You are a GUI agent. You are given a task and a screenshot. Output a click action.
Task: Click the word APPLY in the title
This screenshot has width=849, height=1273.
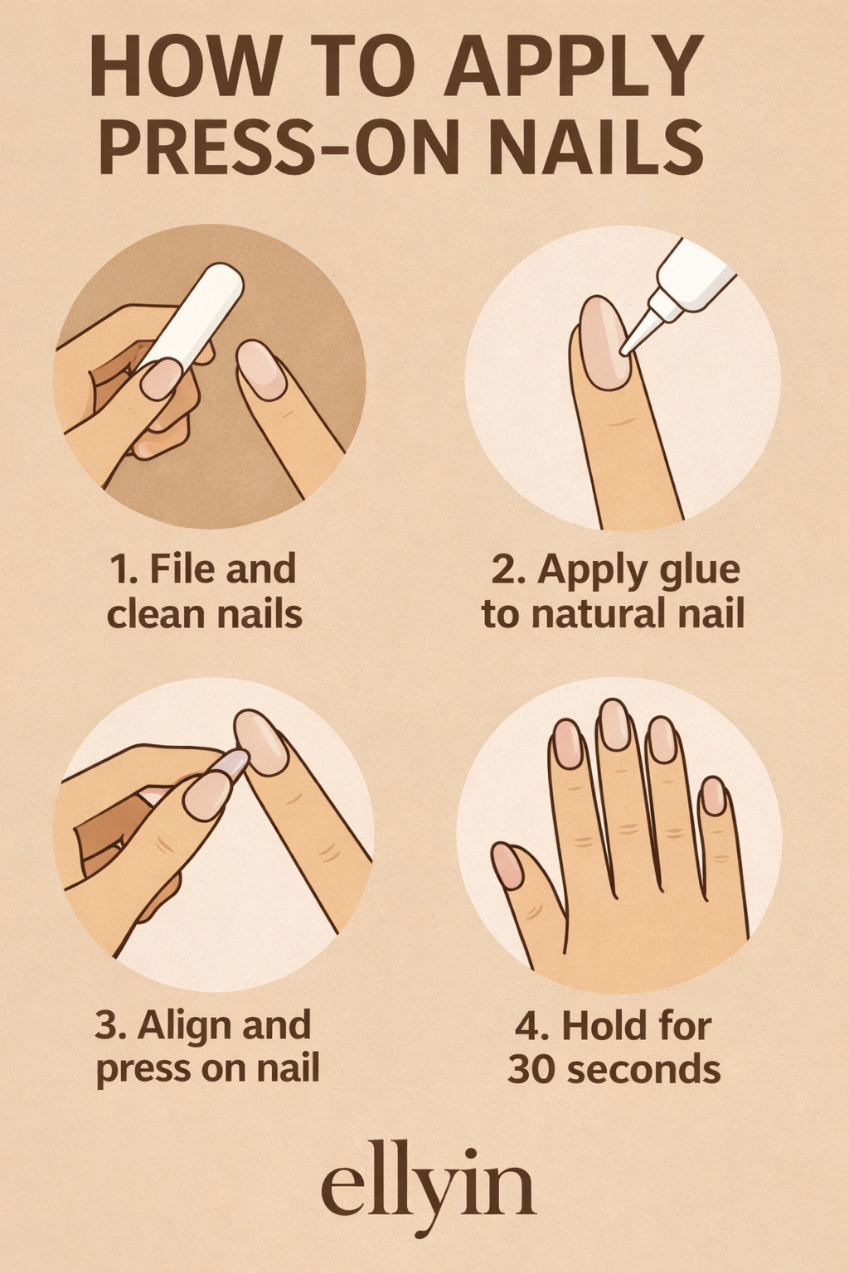click(572, 68)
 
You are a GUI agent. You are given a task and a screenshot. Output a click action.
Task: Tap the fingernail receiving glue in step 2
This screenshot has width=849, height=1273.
click(604, 341)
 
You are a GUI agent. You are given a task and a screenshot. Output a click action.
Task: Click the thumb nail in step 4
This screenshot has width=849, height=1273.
click(507, 865)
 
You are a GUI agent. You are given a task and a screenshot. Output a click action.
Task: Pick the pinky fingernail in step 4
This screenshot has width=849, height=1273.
click(713, 796)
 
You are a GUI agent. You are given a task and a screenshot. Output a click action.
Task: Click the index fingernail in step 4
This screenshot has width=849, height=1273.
click(568, 743)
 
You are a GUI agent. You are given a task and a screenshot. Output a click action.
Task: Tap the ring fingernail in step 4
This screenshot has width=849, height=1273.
click(662, 739)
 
